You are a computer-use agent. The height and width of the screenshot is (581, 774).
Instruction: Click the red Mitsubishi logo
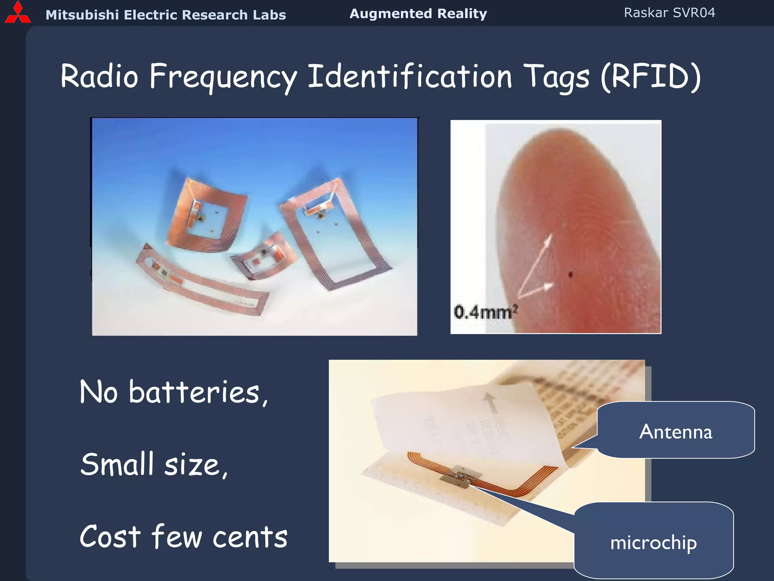coord(18,13)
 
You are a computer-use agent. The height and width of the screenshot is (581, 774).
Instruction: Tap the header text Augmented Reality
coord(418,14)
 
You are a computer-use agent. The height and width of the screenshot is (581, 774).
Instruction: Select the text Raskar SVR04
coord(669,13)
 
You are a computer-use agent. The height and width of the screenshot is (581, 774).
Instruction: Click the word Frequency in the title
coord(223,77)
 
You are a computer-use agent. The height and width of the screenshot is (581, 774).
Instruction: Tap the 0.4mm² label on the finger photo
coord(485,312)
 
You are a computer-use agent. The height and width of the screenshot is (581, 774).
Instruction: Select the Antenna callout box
coord(676,431)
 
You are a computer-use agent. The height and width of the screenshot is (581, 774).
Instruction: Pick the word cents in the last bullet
coord(250,537)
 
